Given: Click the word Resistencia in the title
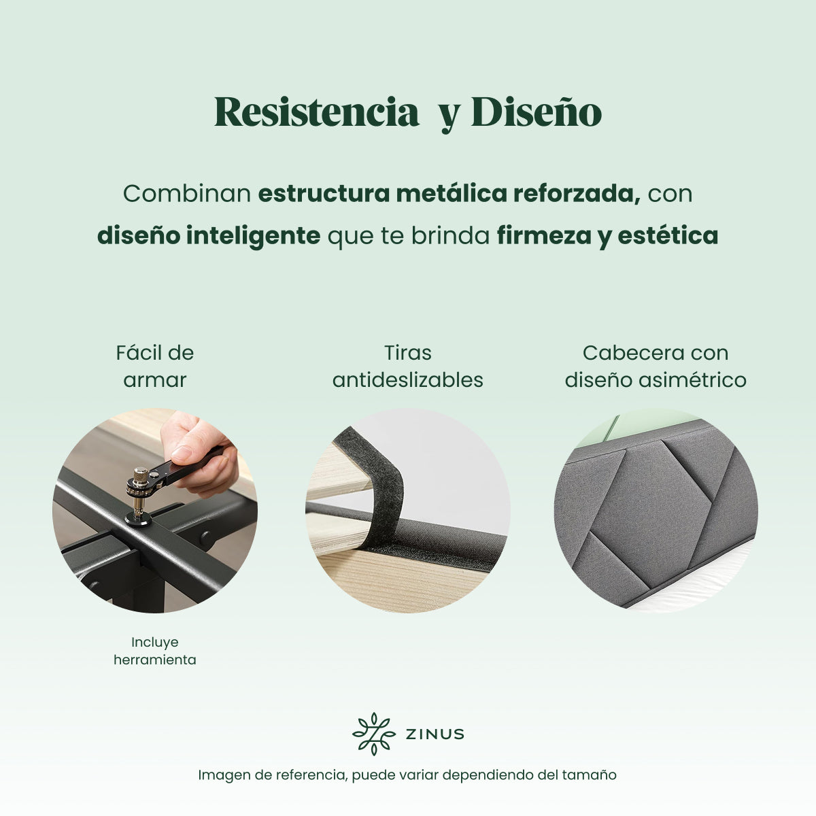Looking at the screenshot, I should pos(316,112).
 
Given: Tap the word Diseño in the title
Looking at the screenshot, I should pos(537,112).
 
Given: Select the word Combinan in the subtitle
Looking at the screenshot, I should pos(187,194).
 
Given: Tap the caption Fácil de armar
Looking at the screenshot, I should pos(155,366).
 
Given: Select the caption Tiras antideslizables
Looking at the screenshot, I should pos(408,366).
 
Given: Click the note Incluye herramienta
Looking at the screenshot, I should pos(155,651).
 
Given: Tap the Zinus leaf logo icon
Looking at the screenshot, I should pos(373,734).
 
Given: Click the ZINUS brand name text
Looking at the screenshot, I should pos(435,734).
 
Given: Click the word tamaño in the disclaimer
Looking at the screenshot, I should pos(591,775).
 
